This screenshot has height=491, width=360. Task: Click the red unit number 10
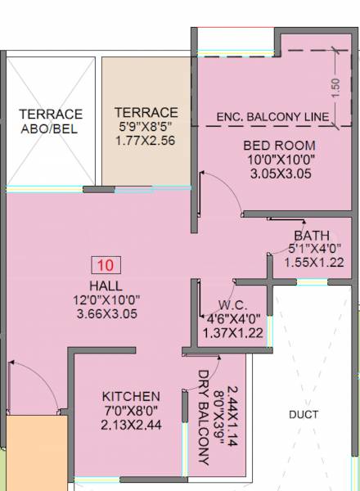[x=106, y=264]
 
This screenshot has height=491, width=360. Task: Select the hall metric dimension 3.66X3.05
[x=106, y=314]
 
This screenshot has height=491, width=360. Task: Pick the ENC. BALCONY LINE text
[x=272, y=117]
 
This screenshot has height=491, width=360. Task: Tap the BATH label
[x=312, y=236]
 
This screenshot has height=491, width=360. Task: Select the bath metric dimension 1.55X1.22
[x=313, y=262]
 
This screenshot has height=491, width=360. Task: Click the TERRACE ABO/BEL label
[x=51, y=120]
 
